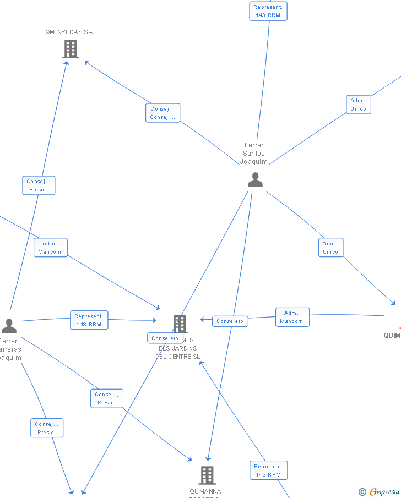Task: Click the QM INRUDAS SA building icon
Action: click(x=71, y=49)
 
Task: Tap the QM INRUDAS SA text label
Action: click(x=69, y=32)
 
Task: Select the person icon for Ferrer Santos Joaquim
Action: click(x=255, y=180)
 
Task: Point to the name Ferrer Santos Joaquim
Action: click(x=254, y=154)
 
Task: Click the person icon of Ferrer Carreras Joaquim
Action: click(x=9, y=326)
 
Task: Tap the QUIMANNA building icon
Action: click(x=207, y=474)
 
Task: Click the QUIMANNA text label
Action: click(x=205, y=491)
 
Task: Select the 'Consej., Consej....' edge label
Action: click(x=162, y=113)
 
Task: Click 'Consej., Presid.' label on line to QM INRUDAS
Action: click(x=39, y=185)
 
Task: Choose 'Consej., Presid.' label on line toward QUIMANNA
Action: click(x=107, y=398)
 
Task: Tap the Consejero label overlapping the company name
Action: click(x=165, y=338)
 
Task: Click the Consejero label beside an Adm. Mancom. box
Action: click(x=230, y=321)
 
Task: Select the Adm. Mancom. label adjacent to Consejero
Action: click(x=292, y=317)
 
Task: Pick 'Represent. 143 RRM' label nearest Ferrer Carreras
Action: click(x=89, y=320)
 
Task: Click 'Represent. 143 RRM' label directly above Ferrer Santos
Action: click(x=268, y=11)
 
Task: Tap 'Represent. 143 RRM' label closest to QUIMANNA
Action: click(x=268, y=470)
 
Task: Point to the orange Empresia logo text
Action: click(x=385, y=491)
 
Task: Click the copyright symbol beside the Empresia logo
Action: click(x=362, y=492)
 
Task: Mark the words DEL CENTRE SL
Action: click(x=177, y=357)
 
